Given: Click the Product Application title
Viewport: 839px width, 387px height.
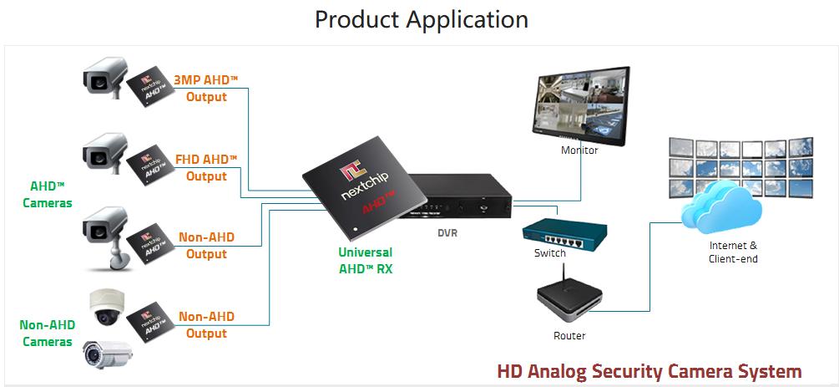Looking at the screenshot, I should tap(421, 18).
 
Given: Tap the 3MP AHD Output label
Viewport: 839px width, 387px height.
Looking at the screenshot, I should tap(206, 88).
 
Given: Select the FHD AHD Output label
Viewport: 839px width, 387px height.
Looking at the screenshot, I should tap(206, 167).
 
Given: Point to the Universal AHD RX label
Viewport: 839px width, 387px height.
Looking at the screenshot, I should tap(365, 260).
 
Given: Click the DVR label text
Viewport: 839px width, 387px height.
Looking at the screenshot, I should tap(447, 233).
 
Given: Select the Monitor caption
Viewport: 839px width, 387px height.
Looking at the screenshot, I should tap(579, 150).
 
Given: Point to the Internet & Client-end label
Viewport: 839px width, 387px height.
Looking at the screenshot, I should tap(733, 252).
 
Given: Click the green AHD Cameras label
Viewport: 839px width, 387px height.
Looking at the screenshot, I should tap(48, 195).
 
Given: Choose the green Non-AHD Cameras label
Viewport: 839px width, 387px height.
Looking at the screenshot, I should tap(47, 334).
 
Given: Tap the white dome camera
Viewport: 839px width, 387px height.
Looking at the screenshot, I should tap(106, 307).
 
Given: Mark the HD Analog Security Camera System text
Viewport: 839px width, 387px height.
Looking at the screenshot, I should tap(649, 370).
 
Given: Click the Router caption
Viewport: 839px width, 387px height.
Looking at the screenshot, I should tap(569, 336).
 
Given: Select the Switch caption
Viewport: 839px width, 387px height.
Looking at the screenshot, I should tap(550, 252).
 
